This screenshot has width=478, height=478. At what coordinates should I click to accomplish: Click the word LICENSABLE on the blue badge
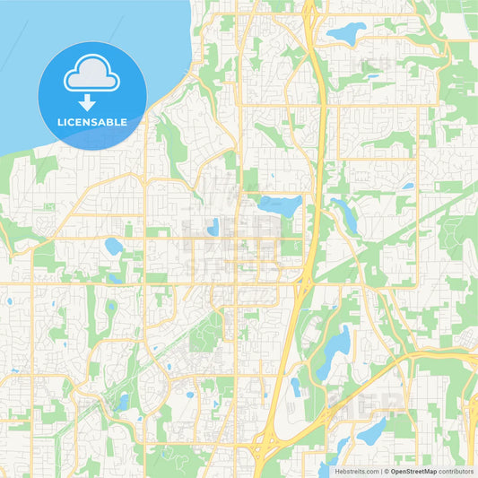92,122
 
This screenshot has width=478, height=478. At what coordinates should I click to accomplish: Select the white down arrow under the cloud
92,101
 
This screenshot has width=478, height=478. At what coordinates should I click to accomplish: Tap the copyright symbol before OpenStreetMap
387,471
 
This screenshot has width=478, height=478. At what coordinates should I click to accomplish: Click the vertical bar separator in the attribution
380,471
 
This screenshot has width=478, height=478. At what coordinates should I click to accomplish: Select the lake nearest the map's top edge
347,34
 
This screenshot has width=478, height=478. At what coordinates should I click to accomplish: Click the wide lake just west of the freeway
281,206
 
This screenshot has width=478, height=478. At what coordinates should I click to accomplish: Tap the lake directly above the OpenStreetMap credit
370,431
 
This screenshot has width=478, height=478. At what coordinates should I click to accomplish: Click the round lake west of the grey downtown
114,245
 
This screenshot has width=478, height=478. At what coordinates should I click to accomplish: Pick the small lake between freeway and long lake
296,387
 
